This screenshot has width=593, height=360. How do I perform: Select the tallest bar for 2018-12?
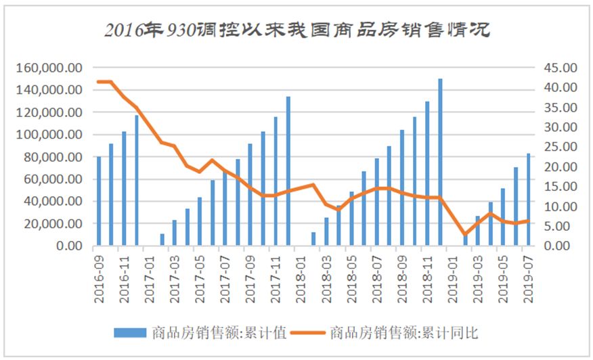tap(440, 162)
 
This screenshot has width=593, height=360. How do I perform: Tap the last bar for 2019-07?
tap(529, 200)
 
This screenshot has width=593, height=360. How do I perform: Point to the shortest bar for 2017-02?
tap(162, 240)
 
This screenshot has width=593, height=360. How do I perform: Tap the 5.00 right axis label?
tap(556, 226)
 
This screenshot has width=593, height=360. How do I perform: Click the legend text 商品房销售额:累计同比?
tap(404, 332)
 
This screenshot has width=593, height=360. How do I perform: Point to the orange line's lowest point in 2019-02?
tap(465, 234)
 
